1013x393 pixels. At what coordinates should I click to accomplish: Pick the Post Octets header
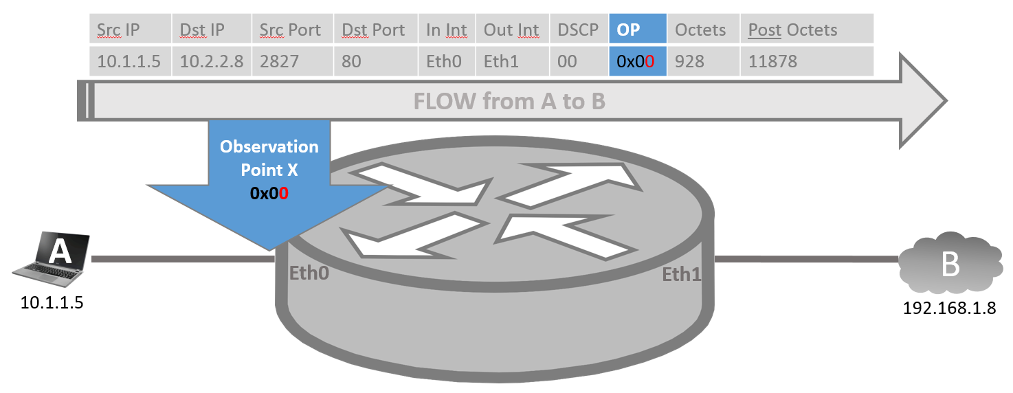tap(792, 30)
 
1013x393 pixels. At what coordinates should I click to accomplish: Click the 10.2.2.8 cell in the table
tap(211, 61)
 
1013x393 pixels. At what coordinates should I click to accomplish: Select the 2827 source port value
tap(279, 61)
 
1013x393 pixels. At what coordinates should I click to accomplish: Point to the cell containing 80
tap(351, 61)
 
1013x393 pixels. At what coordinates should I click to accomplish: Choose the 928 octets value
tap(689, 61)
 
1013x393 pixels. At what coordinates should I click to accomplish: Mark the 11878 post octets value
tap(772, 61)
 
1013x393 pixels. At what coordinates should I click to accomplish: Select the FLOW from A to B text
tap(509, 102)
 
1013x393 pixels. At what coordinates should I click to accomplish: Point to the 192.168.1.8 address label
tap(949, 307)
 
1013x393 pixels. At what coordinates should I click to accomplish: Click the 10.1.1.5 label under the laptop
tap(52, 303)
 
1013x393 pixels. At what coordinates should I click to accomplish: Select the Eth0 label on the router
tap(309, 273)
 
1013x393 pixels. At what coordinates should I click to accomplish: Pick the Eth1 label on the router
tap(681, 275)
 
